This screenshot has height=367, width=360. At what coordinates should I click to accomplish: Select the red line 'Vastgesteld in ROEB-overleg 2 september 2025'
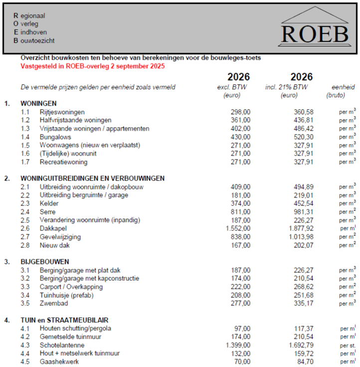pyautogui.click(x=92, y=66)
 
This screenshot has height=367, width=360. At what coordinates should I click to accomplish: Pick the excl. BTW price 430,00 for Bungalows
pyautogui.click(x=240, y=137)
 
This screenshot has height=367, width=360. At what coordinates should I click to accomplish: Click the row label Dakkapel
pyautogui.click(x=52, y=228)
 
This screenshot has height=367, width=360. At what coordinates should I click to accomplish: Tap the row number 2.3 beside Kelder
pyautogui.click(x=25, y=203)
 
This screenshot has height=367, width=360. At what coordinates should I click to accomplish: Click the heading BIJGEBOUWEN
pyautogui.click(x=45, y=261)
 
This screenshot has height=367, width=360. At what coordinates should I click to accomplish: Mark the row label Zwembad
pyautogui.click(x=53, y=303)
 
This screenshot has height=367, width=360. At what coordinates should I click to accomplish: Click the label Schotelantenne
pyautogui.click(x=62, y=345)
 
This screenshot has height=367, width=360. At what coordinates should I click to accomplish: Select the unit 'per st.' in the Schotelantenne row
pyautogui.click(x=347, y=345)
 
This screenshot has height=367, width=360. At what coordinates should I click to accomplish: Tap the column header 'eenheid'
pyautogui.click(x=339, y=87)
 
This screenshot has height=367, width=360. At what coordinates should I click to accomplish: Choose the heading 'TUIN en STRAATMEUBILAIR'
pyautogui.click(x=65, y=320)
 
